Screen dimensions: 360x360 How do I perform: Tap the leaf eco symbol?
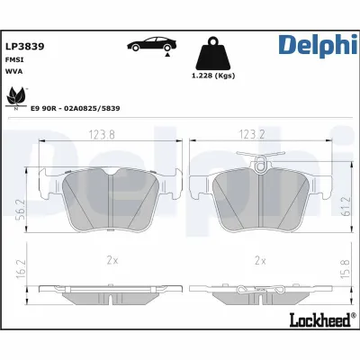(17, 97)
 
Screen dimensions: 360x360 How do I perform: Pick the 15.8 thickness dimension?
(345, 268)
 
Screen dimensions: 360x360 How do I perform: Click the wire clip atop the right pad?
(261, 162)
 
